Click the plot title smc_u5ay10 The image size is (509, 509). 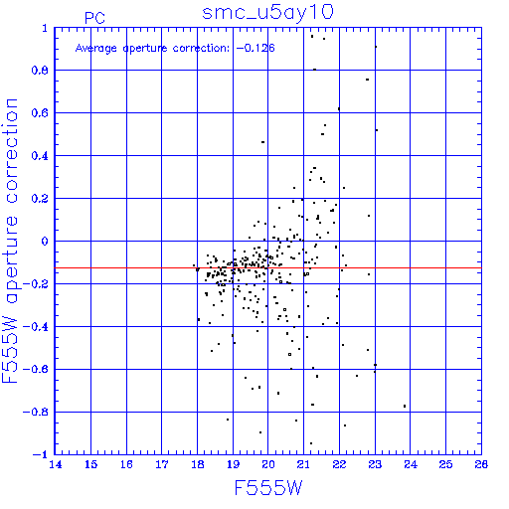[267, 13]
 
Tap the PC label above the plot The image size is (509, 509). [94, 18]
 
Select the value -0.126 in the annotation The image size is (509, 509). [255, 48]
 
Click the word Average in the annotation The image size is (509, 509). [96, 49]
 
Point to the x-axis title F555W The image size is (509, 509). [268, 487]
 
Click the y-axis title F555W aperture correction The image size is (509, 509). [10, 241]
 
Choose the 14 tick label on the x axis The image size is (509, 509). [56, 464]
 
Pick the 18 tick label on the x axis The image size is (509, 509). [198, 464]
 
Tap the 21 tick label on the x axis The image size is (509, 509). [303, 464]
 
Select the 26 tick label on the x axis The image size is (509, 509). [481, 464]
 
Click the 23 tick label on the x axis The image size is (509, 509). [375, 464]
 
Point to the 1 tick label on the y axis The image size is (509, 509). [45, 28]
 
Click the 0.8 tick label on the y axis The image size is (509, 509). [40, 71]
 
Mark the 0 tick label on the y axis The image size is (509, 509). [45, 241]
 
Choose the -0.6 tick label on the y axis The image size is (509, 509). [36, 369]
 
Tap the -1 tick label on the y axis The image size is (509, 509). [41, 454]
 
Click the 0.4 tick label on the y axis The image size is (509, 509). [40, 156]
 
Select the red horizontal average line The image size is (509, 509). [268, 267]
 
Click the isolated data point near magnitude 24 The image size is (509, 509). [405, 406]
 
